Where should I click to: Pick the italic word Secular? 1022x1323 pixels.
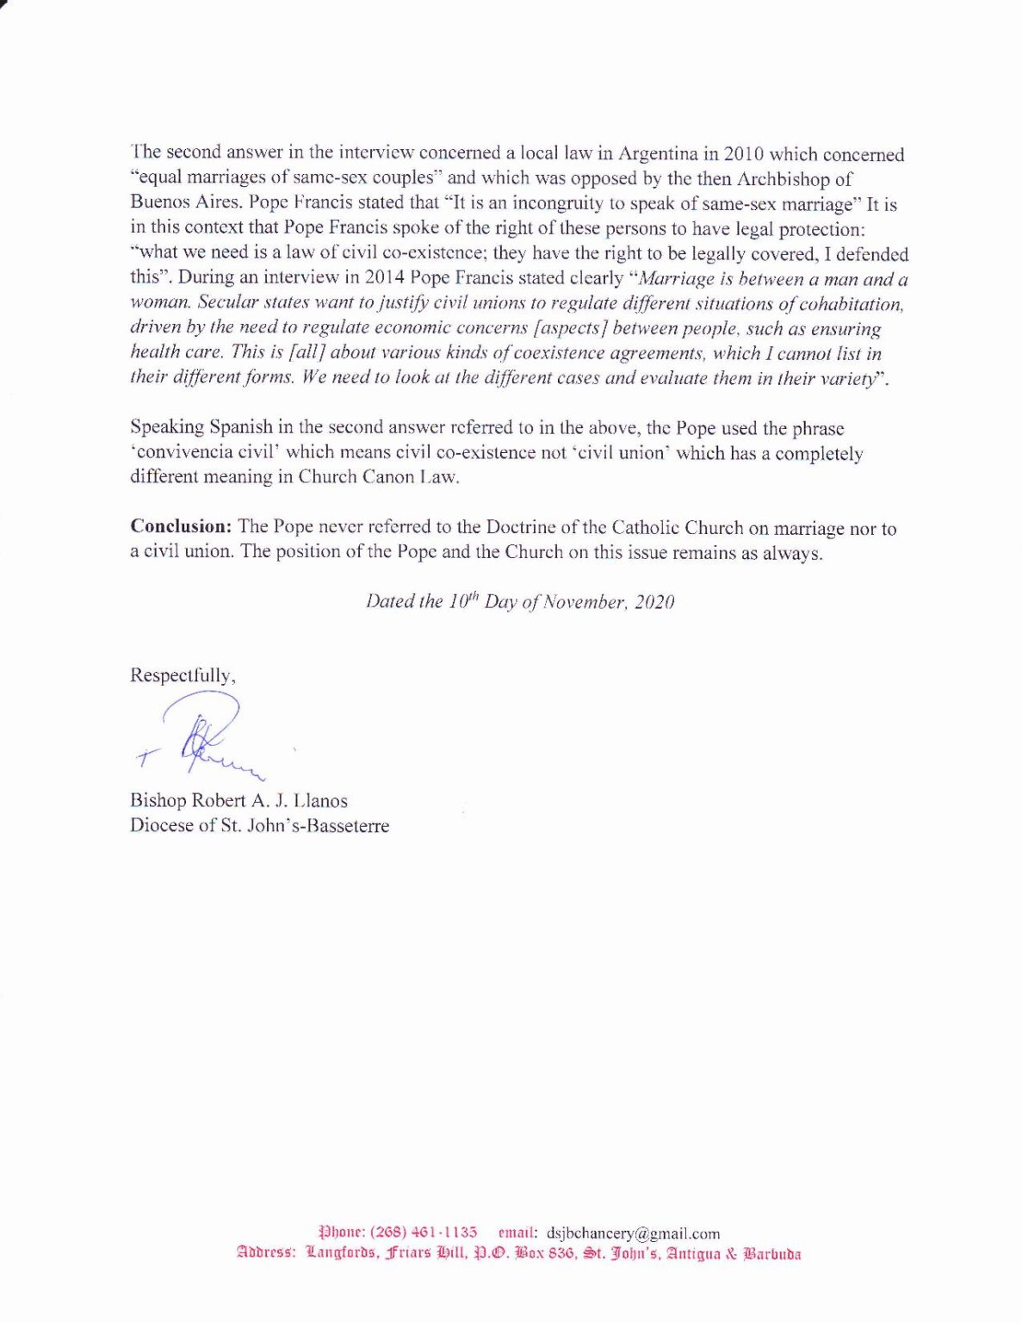tap(228, 303)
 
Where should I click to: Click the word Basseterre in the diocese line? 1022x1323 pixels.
tap(342, 826)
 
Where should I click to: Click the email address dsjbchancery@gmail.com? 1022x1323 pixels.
tap(633, 1233)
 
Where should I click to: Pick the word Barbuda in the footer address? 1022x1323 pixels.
tap(771, 1254)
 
